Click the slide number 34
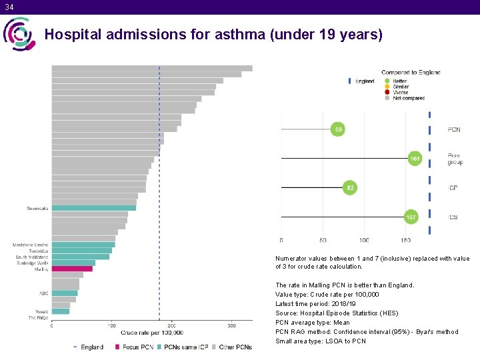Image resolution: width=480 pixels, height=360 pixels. click(8, 7)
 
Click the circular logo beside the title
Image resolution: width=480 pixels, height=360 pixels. click(19, 34)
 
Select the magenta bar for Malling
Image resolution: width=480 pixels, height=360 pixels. click(72, 269)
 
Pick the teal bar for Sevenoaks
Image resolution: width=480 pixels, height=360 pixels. click(94, 208)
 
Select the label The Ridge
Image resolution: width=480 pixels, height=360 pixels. click(38, 317)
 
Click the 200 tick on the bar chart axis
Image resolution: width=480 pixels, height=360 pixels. click(171, 326)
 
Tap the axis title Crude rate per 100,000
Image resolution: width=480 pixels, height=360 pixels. click(152, 333)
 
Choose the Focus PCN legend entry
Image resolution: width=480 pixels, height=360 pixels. click(134, 347)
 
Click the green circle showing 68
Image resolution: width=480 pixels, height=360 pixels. click(339, 129)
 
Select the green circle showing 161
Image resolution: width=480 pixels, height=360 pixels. click(415, 159)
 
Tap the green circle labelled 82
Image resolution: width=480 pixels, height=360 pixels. click(350, 188)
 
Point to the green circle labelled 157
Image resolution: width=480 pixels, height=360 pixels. click(412, 217)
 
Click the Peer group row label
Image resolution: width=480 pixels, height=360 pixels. click(455, 159)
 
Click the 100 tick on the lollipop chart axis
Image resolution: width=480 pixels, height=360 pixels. click(364, 240)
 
